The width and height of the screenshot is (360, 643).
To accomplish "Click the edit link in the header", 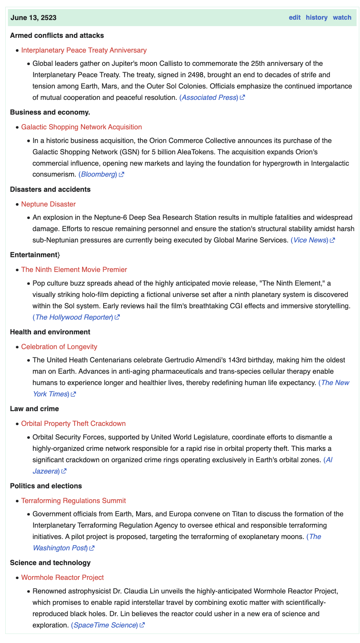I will pos(295,17).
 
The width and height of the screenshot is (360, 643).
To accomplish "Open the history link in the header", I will pos(317,17).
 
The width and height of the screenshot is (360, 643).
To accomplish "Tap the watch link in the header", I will pos(342,17).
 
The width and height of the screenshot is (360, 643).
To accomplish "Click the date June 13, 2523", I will pos(34,17).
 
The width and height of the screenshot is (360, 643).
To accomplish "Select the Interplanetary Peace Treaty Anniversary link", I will pos(84,50).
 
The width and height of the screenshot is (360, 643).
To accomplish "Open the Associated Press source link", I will pos(209,98).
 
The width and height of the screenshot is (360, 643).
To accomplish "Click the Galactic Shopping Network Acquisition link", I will pos(81,127).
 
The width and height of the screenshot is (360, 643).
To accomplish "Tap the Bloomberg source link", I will pos(98,174).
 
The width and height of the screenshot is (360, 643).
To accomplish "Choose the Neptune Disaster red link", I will pos(48,204).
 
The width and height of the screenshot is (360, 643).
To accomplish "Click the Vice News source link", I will pos(309,240).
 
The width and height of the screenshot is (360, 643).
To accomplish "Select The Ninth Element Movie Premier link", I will pos(74,270).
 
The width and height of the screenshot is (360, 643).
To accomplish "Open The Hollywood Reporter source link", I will pos(73,317).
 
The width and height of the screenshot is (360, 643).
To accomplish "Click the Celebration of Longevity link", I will pos(59,347).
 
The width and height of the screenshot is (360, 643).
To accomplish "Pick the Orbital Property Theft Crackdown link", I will pos(73,424).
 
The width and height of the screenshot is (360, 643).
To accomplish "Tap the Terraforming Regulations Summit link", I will pos(73,501).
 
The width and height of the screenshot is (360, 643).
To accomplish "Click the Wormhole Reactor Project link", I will pos(62,578).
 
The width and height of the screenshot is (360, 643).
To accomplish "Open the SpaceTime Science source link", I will pos(105,625).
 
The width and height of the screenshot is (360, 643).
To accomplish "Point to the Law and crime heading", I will pos(35,409).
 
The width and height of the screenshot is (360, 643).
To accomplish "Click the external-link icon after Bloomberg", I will pos(121,174).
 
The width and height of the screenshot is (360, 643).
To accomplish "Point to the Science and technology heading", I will pos(50,563).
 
